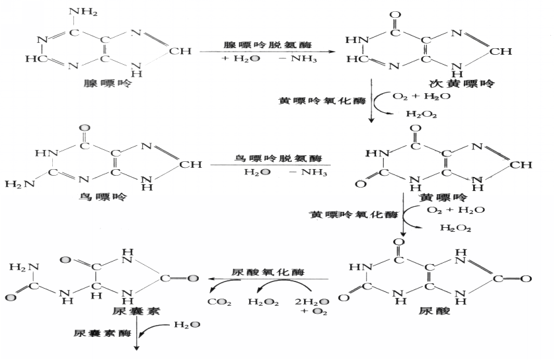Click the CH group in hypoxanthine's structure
(523, 50)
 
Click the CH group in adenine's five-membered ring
(186, 50)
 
